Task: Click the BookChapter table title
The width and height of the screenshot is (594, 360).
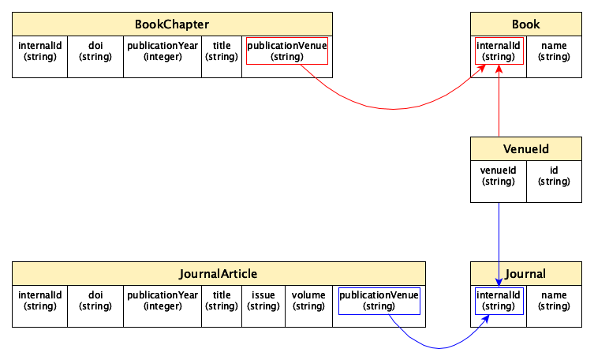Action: (x=172, y=24)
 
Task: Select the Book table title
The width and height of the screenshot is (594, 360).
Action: (x=525, y=24)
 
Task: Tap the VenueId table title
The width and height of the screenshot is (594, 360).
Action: (x=525, y=148)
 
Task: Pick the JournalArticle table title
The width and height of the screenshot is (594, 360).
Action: (x=219, y=273)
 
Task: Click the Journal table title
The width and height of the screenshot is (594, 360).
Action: (x=525, y=273)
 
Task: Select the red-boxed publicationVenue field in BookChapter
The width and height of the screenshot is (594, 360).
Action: (x=286, y=51)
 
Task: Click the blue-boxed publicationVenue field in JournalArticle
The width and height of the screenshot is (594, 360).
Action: (x=379, y=301)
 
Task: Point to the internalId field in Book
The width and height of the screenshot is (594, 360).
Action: (x=499, y=51)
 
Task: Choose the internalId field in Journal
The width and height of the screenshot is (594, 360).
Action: (x=499, y=301)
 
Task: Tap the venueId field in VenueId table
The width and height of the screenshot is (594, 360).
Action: (x=499, y=176)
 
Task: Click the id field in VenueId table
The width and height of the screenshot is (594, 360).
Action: (x=554, y=176)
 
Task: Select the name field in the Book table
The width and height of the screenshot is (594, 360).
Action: (x=554, y=51)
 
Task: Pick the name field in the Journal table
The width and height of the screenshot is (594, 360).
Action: (x=554, y=301)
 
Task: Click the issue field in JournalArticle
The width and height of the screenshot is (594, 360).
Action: (x=263, y=301)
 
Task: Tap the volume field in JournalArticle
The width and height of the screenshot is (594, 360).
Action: (x=308, y=301)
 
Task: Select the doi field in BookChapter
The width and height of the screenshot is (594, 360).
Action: (x=95, y=51)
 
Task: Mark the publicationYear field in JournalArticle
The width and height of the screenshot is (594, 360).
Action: (x=163, y=301)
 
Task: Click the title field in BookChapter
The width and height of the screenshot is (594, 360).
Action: (x=222, y=51)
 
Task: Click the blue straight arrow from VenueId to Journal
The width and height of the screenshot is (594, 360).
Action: (x=499, y=237)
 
